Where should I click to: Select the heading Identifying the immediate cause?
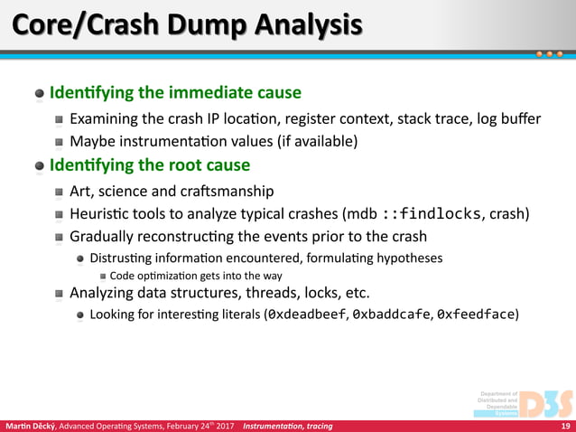[x=175, y=93]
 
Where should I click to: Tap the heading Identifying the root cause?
[x=150, y=165]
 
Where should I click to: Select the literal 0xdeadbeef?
[x=307, y=315]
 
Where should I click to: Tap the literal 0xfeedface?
[x=477, y=315]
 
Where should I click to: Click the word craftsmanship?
[x=225, y=191]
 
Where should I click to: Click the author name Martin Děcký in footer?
[x=32, y=426]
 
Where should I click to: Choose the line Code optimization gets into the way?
[x=196, y=276]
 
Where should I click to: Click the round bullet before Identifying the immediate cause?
[x=40, y=94]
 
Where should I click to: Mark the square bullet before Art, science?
[x=58, y=192]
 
